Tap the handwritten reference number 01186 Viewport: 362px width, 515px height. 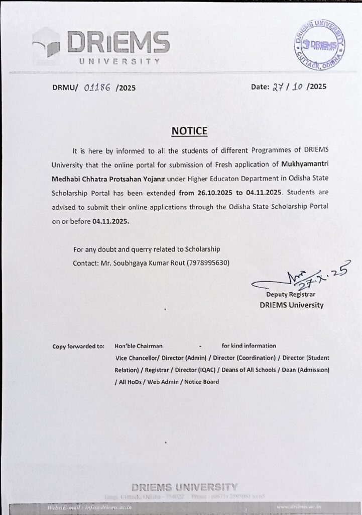click(98, 87)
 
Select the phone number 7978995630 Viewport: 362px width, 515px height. click(210, 263)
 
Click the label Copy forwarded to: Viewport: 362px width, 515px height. click(78, 347)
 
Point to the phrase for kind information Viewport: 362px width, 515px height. click(249, 346)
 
